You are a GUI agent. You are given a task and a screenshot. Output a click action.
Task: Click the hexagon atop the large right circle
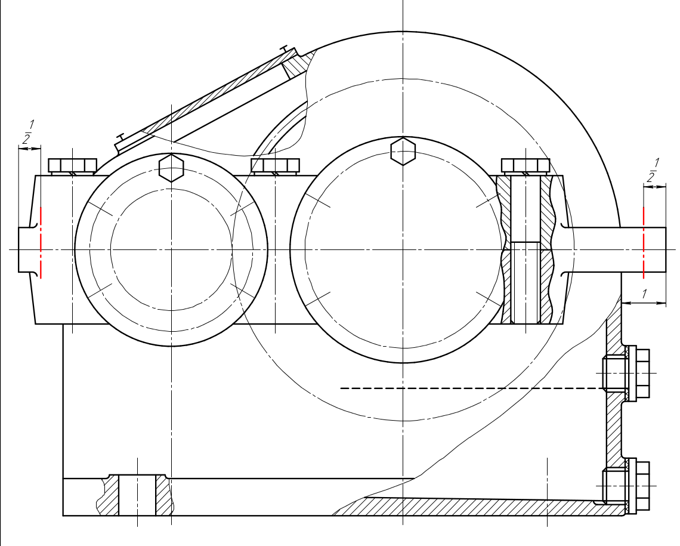403,151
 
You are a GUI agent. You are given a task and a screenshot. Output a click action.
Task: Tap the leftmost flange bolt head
72,166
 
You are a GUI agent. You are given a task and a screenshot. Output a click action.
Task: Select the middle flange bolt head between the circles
276,166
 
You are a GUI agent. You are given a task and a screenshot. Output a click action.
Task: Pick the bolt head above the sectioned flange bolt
526,166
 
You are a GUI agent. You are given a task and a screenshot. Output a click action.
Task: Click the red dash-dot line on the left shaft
41,243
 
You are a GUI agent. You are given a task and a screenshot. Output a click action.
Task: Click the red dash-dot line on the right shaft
644,243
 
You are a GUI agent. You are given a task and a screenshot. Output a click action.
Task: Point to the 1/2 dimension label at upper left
28,132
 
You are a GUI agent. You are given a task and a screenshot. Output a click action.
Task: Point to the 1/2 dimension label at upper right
653,171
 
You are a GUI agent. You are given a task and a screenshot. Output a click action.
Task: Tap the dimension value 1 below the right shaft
644,294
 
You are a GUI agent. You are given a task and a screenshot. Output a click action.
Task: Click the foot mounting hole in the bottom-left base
137,495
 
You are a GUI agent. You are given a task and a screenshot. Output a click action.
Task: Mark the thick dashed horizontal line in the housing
472,388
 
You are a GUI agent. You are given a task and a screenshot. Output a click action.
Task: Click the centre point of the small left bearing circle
172,250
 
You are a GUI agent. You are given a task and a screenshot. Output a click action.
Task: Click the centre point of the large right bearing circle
403,250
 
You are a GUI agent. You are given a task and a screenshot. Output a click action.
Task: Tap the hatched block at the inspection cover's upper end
298,64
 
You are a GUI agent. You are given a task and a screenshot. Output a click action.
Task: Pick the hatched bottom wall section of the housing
477,506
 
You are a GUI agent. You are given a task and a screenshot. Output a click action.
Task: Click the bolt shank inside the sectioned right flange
526,249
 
